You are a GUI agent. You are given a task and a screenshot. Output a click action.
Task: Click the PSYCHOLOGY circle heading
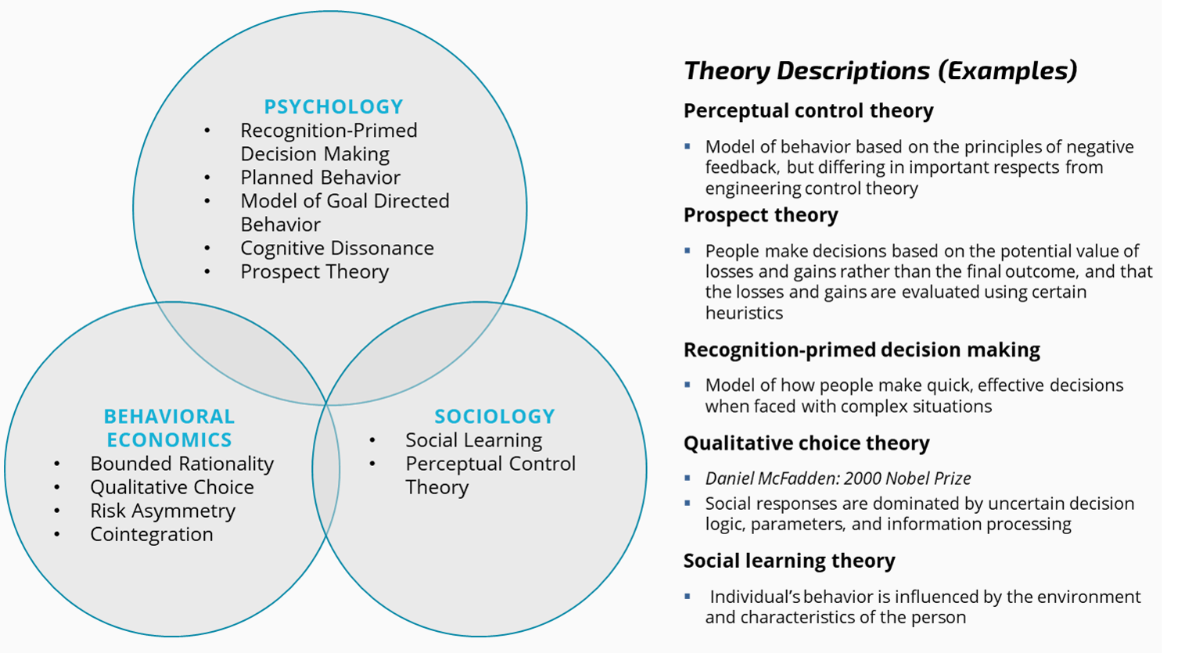(333, 106)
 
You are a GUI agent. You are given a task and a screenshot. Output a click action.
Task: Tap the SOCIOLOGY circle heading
(494, 416)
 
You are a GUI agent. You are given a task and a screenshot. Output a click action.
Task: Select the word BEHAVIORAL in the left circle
(169, 416)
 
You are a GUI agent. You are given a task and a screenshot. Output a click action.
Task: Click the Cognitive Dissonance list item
(336, 248)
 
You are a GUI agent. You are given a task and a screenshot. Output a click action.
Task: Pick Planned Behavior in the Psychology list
(320, 178)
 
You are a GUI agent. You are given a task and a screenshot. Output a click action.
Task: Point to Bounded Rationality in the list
(181, 464)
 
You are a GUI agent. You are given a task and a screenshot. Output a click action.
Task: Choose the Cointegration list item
(151, 534)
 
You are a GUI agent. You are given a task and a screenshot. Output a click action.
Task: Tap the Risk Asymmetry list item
(162, 511)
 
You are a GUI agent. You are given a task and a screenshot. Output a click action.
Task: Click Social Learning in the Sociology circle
(473, 440)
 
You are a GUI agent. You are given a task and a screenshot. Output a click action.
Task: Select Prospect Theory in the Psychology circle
(314, 271)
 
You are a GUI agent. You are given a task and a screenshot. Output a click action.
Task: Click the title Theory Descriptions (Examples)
(880, 70)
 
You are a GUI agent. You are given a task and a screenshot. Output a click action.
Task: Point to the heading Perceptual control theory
(808, 111)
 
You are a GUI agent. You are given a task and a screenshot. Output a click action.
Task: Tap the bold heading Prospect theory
(760, 215)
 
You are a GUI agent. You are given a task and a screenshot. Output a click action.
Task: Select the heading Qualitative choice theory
(806, 443)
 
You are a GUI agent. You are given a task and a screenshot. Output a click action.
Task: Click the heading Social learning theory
(788, 561)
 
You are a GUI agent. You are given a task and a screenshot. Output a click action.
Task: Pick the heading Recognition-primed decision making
(861, 350)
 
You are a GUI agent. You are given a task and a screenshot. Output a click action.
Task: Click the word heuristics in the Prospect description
(743, 313)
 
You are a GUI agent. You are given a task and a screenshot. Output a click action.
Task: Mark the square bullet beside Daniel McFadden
(688, 478)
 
